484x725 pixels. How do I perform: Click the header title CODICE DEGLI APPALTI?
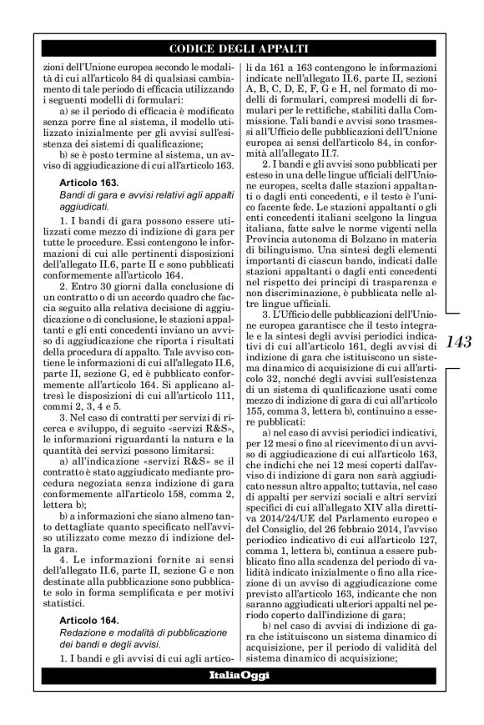241,48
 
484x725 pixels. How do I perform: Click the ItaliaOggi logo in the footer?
241,673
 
